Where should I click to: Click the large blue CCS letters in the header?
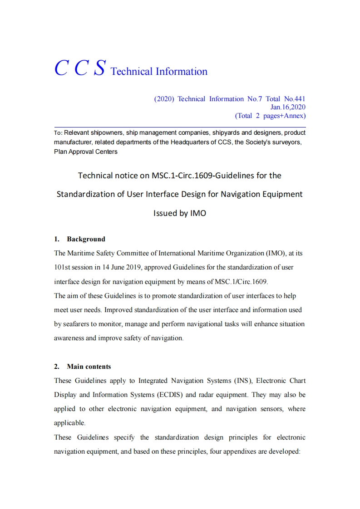[80, 68]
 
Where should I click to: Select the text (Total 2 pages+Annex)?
[270, 116]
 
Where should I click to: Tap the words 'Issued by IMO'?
[180, 213]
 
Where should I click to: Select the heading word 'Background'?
[86, 239]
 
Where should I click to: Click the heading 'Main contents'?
[89, 367]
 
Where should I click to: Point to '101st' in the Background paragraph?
[61, 267]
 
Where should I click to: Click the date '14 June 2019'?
[122, 267]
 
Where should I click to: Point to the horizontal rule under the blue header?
[180, 127]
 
